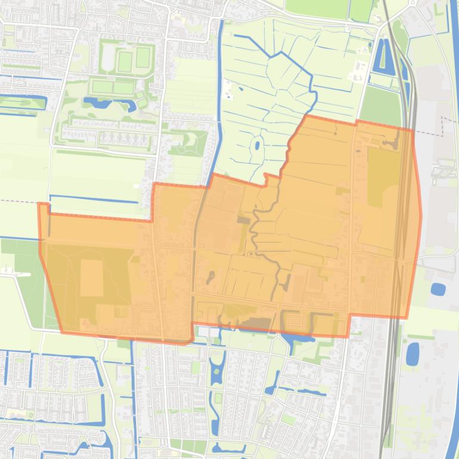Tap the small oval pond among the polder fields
pos(256,144)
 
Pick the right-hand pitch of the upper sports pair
pos(142,58)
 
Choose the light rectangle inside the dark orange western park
pos(92,278)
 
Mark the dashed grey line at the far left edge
pos(18,201)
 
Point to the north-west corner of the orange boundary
pos(39,204)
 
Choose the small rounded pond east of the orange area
pos(438,290)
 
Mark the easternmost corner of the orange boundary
pos(421,216)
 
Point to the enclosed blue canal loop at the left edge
pos(24,103)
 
